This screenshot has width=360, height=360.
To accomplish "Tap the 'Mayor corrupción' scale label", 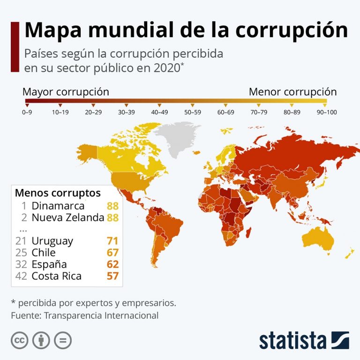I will [x=66, y=92].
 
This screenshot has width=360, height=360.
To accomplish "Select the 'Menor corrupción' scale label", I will [x=292, y=92].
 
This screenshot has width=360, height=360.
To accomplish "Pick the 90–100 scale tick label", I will [x=326, y=112].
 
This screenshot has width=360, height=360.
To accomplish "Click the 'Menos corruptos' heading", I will [x=58, y=193].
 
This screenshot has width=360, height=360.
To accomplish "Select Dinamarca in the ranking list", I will [x=58, y=206].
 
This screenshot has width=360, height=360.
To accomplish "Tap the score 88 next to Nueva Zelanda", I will [x=112, y=217].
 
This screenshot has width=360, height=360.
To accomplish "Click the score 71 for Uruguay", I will [x=112, y=241].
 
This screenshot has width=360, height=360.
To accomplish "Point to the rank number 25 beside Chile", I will [x=21, y=253].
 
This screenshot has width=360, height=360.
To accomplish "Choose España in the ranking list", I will [x=49, y=264].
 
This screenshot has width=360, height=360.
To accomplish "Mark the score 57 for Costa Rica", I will [x=112, y=276].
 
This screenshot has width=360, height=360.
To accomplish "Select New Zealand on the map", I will [x=349, y=254].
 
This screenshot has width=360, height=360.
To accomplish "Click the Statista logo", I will [x=304, y=340].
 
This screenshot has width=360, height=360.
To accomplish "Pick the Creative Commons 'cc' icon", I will [x=19, y=340].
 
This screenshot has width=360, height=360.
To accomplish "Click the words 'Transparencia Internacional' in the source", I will [x=101, y=315].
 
